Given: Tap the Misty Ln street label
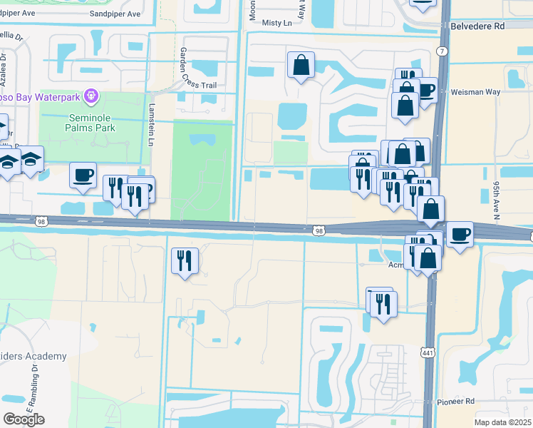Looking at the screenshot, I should [277, 23].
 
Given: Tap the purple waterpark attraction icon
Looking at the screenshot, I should [90, 96].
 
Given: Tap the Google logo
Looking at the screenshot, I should [24, 419].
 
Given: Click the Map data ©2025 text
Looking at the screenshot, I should [502, 422].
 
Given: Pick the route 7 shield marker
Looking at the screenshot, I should [443, 51].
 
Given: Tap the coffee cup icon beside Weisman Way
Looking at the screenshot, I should [425, 91].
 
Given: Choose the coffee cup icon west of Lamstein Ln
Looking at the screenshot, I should [83, 175].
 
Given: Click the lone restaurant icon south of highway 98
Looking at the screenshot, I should [185, 260].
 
